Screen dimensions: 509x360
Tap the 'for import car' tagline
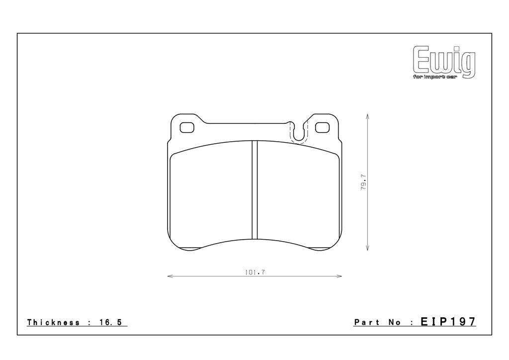pos(434,77)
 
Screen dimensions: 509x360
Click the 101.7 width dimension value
pos(255,272)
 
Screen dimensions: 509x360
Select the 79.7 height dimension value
pos(363,182)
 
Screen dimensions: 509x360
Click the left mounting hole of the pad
pos(187,128)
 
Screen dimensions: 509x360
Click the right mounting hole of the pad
pos(322,128)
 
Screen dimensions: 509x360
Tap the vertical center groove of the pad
pos(255,190)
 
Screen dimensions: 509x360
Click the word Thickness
pos(53,322)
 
